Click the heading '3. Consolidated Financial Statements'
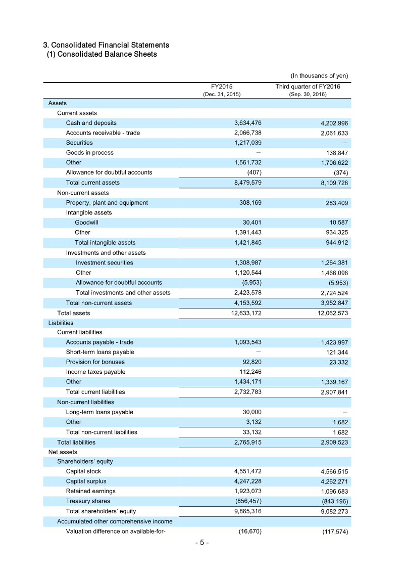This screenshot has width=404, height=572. (106, 45)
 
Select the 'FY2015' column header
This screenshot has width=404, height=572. (222, 86)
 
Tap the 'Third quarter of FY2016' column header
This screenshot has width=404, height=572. (308, 86)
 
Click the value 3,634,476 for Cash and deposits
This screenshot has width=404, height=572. (247, 123)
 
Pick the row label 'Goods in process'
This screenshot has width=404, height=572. (90, 153)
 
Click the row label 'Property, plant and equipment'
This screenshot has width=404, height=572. (107, 203)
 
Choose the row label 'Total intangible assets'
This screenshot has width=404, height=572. (105, 243)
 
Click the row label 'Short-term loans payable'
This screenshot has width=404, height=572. (100, 352)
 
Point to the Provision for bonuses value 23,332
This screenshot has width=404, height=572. (336, 362)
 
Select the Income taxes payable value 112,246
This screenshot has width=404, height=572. (249, 372)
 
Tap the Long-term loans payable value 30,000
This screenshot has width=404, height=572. (251, 412)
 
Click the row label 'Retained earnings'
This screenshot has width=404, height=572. (90, 491)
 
